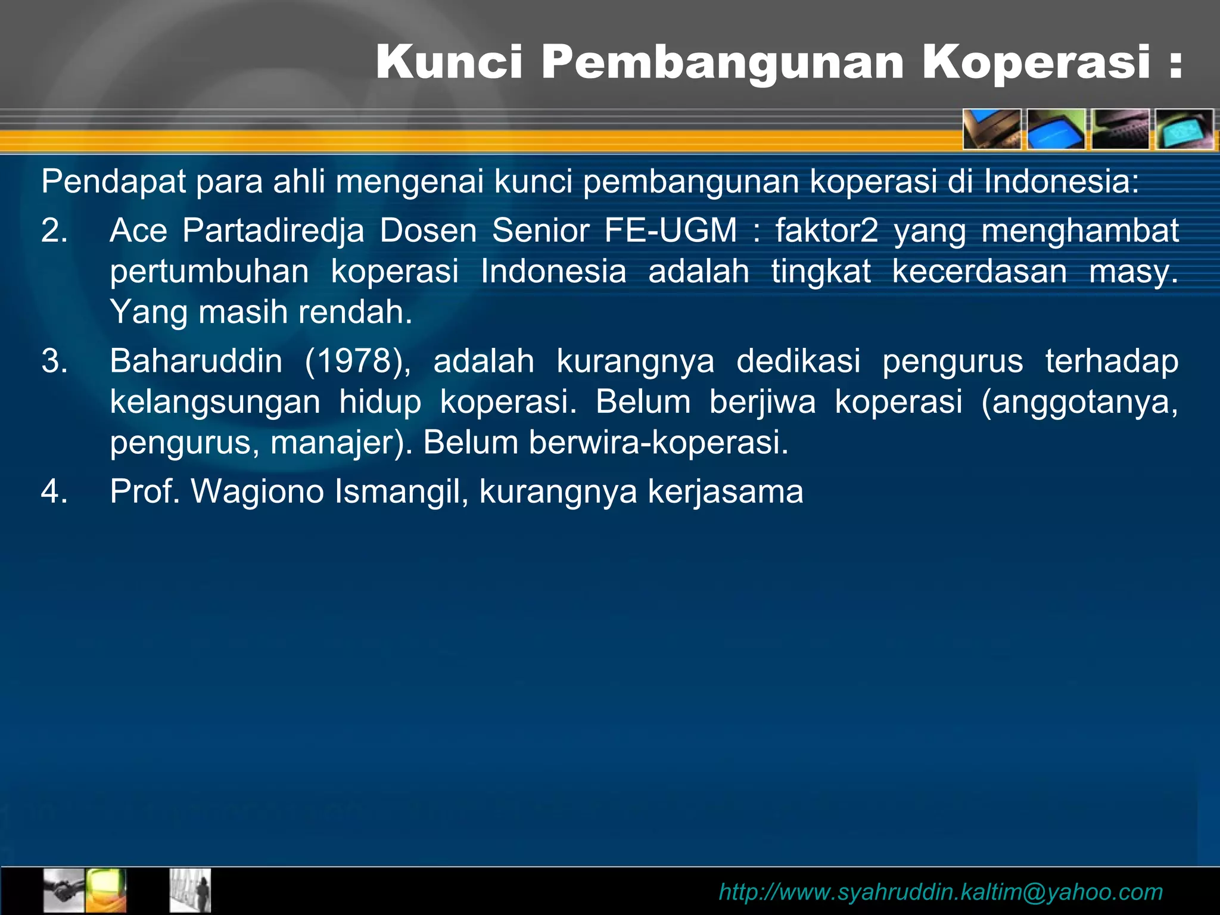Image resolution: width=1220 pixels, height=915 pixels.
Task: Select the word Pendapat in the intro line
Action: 113,181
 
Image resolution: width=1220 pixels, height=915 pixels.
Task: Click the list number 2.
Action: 54,230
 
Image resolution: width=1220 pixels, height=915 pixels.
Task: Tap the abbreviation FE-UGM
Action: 671,230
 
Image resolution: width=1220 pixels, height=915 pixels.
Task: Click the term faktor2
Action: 826,230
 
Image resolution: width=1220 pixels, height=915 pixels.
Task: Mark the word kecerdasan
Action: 979,271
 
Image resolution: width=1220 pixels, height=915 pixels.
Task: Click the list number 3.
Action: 54,361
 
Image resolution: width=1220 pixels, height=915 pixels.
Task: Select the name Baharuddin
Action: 196,361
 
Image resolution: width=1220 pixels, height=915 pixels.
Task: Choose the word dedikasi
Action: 798,361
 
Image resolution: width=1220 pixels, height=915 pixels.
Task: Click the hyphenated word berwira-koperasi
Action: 658,443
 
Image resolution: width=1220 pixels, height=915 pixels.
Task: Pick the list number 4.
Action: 54,491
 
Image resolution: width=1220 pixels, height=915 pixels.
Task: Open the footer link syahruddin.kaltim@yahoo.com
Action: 941,892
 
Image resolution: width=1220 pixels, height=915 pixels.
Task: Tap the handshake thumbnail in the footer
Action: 64,891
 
